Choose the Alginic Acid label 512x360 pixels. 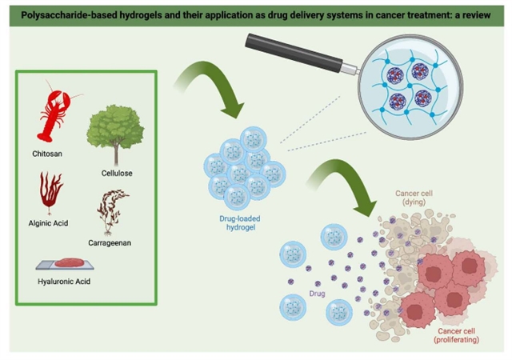pos(50,223)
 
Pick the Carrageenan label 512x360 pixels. pos(114,242)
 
